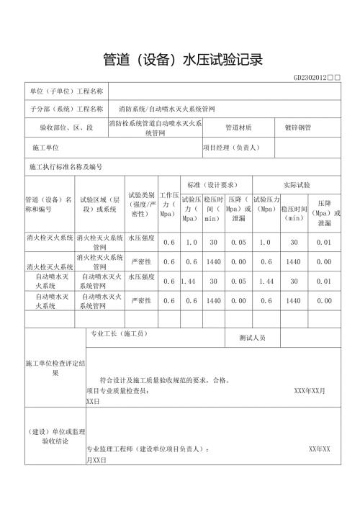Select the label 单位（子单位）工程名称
click(67, 91)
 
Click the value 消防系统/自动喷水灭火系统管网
click(177, 109)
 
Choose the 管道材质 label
click(238, 128)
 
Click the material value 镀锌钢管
click(299, 128)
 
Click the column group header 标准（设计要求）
click(213, 185)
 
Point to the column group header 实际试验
click(297, 185)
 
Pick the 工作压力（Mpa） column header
click(168, 204)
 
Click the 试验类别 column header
click(142, 204)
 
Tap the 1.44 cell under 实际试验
click(266, 281)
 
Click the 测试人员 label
click(252, 337)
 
